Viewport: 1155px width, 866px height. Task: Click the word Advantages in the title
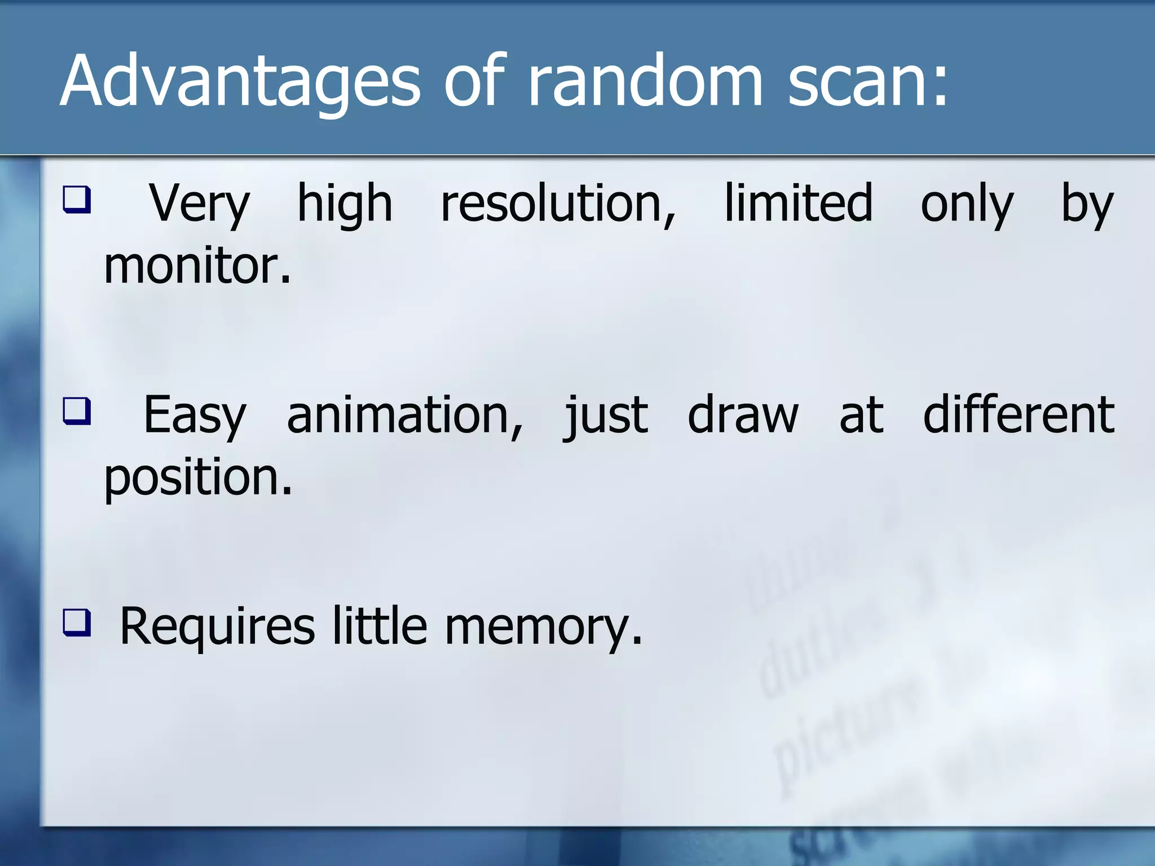[240, 82]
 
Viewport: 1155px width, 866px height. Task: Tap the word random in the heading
[643, 82]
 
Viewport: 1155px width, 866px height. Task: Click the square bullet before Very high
[76, 200]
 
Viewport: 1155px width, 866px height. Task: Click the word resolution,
[558, 204]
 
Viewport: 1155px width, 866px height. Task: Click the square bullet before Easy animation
[76, 411]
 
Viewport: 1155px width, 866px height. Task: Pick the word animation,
[405, 416]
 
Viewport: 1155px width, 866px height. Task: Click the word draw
[743, 416]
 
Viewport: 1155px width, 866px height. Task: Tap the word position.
[198, 479]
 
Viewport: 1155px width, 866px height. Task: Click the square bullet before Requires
[76, 622]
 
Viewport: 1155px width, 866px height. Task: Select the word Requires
[217, 627]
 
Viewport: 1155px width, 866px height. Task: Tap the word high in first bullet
[344, 204]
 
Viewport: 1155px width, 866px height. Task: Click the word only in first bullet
[967, 204]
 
